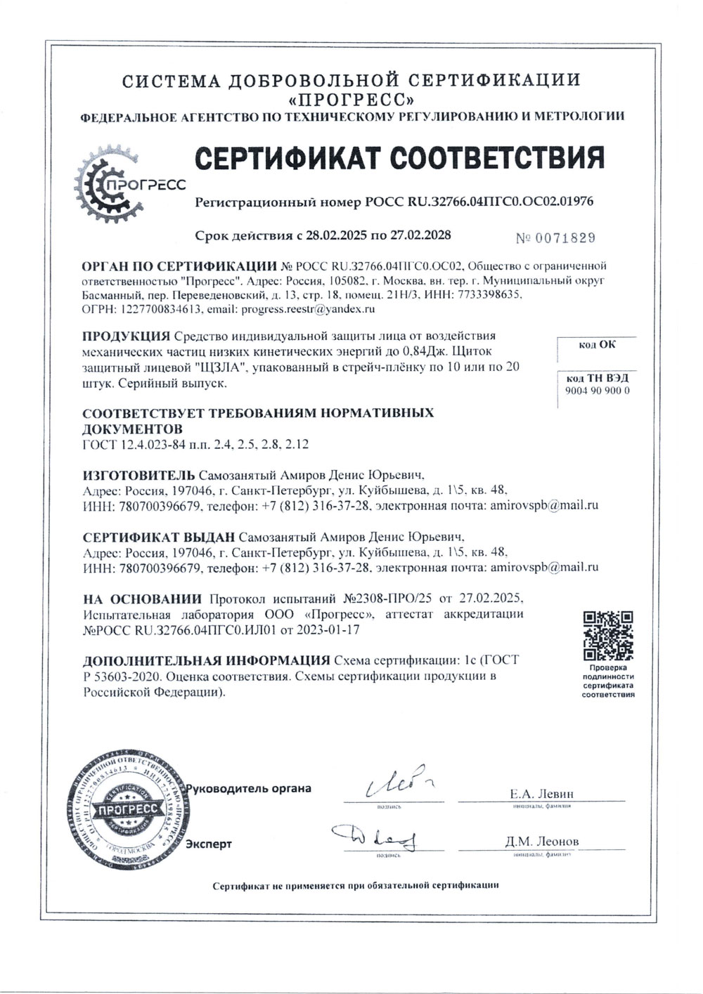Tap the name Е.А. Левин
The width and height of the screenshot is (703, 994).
click(541, 793)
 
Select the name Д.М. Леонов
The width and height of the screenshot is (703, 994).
click(541, 841)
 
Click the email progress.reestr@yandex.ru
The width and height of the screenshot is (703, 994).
click(307, 308)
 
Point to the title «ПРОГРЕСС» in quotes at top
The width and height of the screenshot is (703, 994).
click(351, 98)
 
